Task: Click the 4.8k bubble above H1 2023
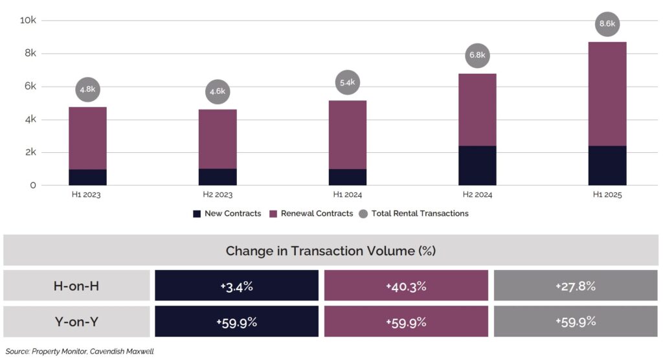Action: pyautogui.click(x=87, y=89)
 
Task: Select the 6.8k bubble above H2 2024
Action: pyautogui.click(x=477, y=55)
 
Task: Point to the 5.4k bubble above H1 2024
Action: pyautogui.click(x=348, y=82)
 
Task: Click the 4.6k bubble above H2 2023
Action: pyautogui.click(x=218, y=91)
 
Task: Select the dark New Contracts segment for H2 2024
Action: pyautogui.click(x=477, y=166)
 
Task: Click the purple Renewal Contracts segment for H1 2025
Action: pyautogui.click(x=607, y=94)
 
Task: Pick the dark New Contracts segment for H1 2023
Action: pyautogui.click(x=87, y=177)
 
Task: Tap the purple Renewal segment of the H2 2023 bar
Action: pyautogui.click(x=218, y=139)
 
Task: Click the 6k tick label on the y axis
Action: pyautogui.click(x=30, y=87)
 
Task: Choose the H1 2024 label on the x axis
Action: pyautogui.click(x=348, y=194)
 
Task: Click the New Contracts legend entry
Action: pyautogui.click(x=227, y=214)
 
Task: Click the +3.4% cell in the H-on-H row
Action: pyautogui.click(x=236, y=286)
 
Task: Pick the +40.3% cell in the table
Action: pyautogui.click(x=406, y=286)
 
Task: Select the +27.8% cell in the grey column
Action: pyautogui.click(x=576, y=286)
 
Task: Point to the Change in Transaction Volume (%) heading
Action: pyautogui.click(x=331, y=251)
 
